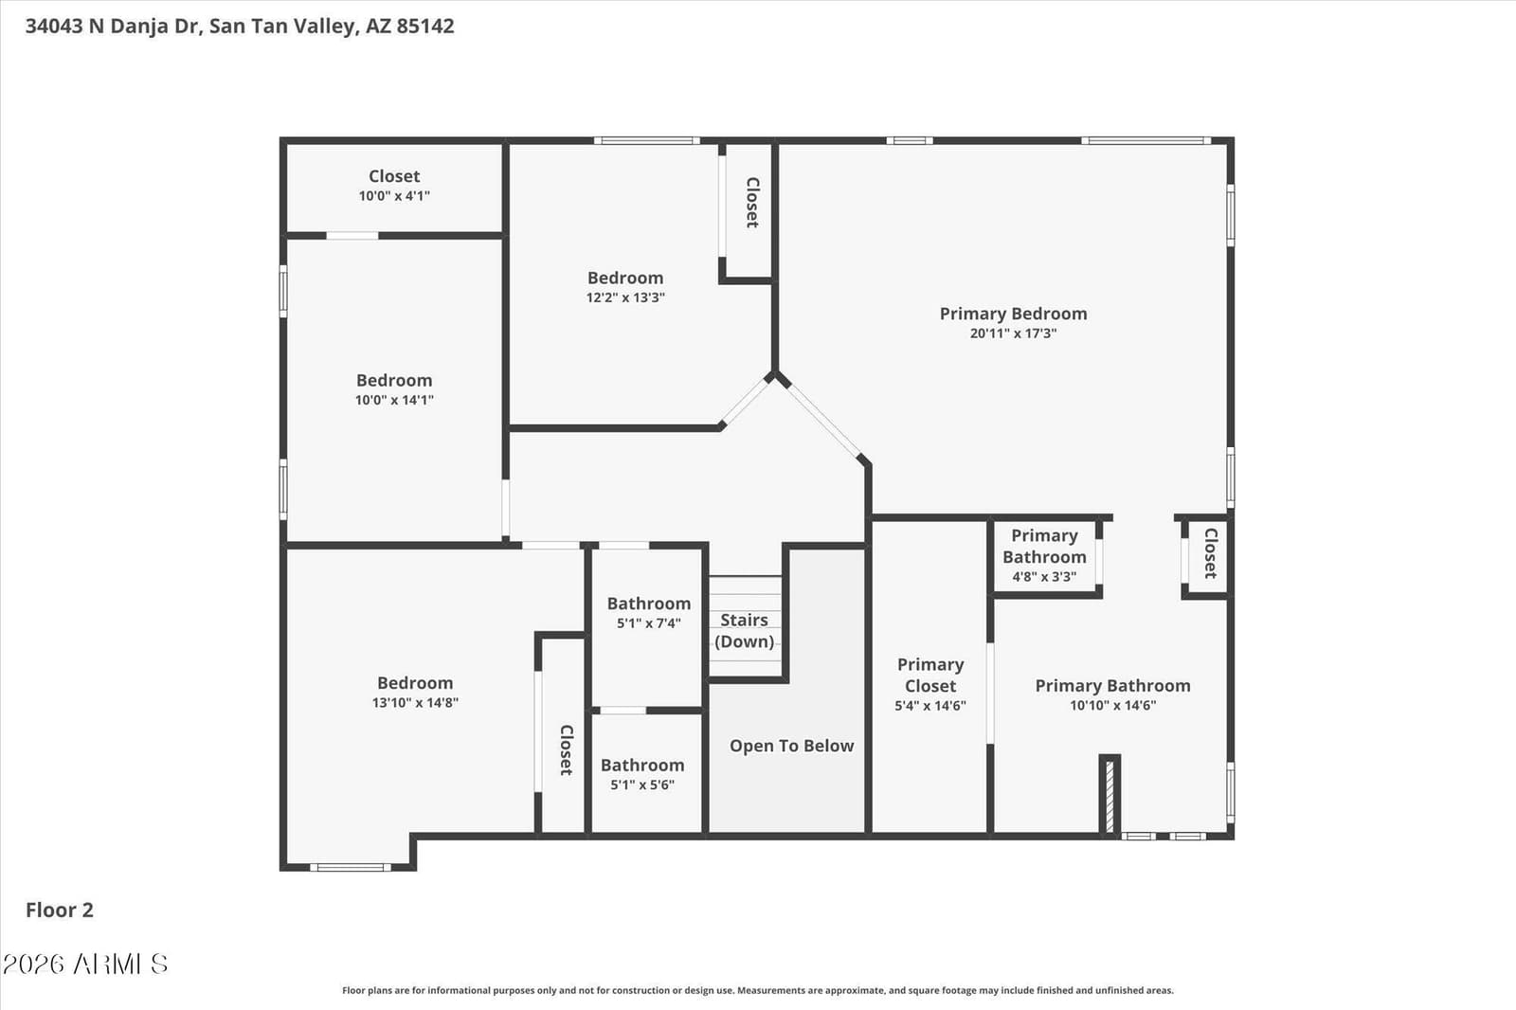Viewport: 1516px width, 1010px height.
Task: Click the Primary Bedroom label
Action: pos(1013,314)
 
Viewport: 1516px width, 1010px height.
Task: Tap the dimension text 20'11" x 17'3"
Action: pos(1013,334)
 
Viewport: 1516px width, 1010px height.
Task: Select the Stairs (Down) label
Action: pos(744,630)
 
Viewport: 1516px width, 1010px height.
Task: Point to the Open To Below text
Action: pos(791,746)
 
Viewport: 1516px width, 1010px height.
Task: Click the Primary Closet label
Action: pos(929,675)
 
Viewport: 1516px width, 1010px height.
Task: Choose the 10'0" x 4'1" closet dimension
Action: pos(394,195)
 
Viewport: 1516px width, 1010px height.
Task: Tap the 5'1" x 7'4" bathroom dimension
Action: pos(648,622)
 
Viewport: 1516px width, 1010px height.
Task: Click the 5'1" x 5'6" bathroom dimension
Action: pos(642,785)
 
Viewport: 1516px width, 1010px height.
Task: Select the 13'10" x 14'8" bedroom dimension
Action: pos(415,702)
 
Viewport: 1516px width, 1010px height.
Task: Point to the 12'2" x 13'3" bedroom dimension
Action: pos(625,298)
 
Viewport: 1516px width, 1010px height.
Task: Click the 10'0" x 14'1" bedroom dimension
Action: pos(394,400)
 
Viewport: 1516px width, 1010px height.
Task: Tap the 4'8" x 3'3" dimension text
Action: pos(1043,577)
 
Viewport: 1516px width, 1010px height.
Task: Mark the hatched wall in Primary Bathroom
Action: pos(1110,796)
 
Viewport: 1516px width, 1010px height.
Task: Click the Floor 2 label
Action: pos(60,910)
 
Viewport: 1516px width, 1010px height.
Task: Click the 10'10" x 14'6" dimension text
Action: pos(1112,705)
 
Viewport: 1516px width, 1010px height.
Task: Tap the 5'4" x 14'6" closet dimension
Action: pos(929,705)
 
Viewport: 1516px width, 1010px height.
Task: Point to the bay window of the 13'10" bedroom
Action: pos(351,867)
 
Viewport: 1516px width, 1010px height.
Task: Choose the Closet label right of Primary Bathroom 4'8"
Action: pos(1210,553)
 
